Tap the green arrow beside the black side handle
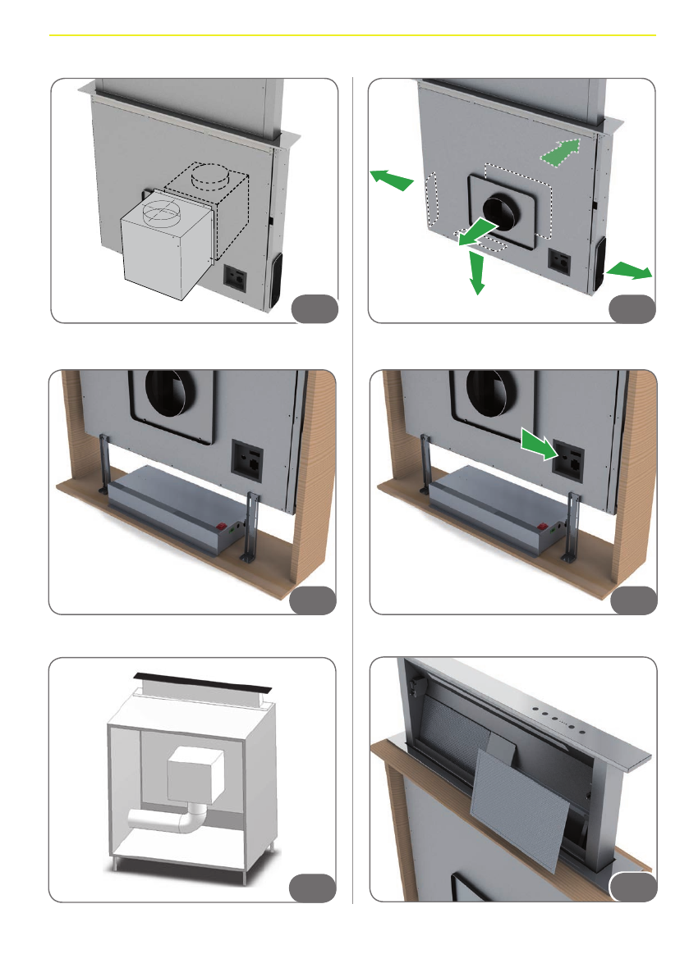pos(629,270)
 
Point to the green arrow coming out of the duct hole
pos(476,231)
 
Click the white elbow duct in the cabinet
pos(177,820)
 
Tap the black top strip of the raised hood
pos(196,681)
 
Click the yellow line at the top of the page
pos(353,35)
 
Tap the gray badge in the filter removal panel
pos(633,888)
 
